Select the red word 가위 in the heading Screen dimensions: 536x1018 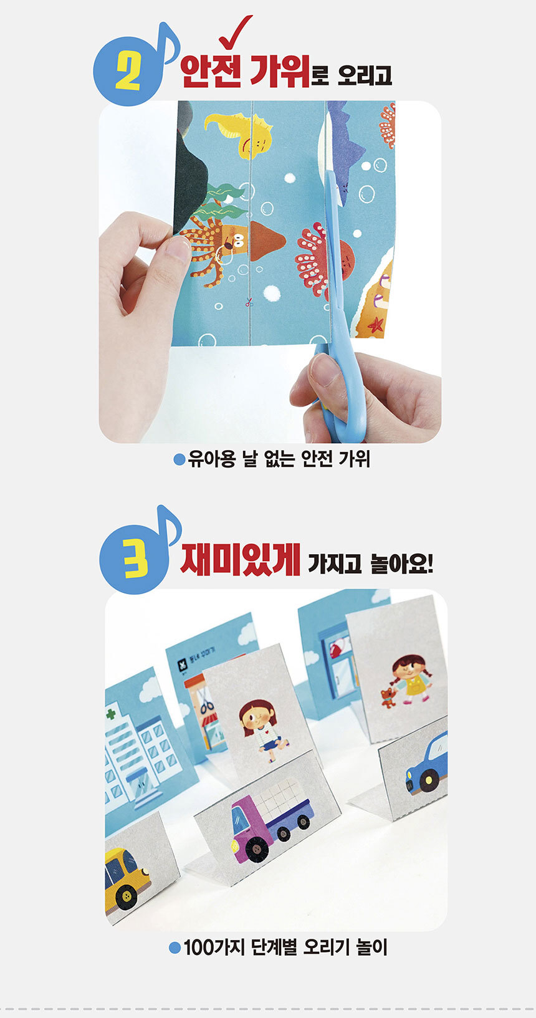(x=280, y=71)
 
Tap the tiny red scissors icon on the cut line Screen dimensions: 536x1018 (x=249, y=301)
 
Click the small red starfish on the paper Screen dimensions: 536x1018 (x=376, y=325)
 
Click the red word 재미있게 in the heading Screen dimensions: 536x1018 (x=240, y=559)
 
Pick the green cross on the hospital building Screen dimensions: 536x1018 (x=111, y=714)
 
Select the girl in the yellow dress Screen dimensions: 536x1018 (x=412, y=680)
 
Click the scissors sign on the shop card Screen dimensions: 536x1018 (x=207, y=703)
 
